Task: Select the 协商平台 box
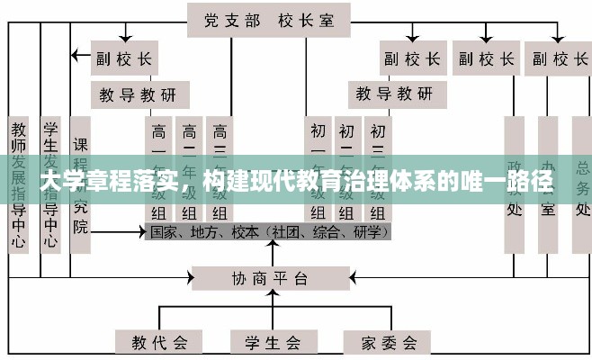click(x=271, y=277)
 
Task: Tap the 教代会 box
click(x=159, y=342)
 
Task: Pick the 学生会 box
click(x=271, y=342)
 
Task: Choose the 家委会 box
click(x=389, y=342)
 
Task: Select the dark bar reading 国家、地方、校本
click(x=269, y=231)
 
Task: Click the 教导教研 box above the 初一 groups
click(x=394, y=93)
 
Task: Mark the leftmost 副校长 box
click(x=123, y=59)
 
